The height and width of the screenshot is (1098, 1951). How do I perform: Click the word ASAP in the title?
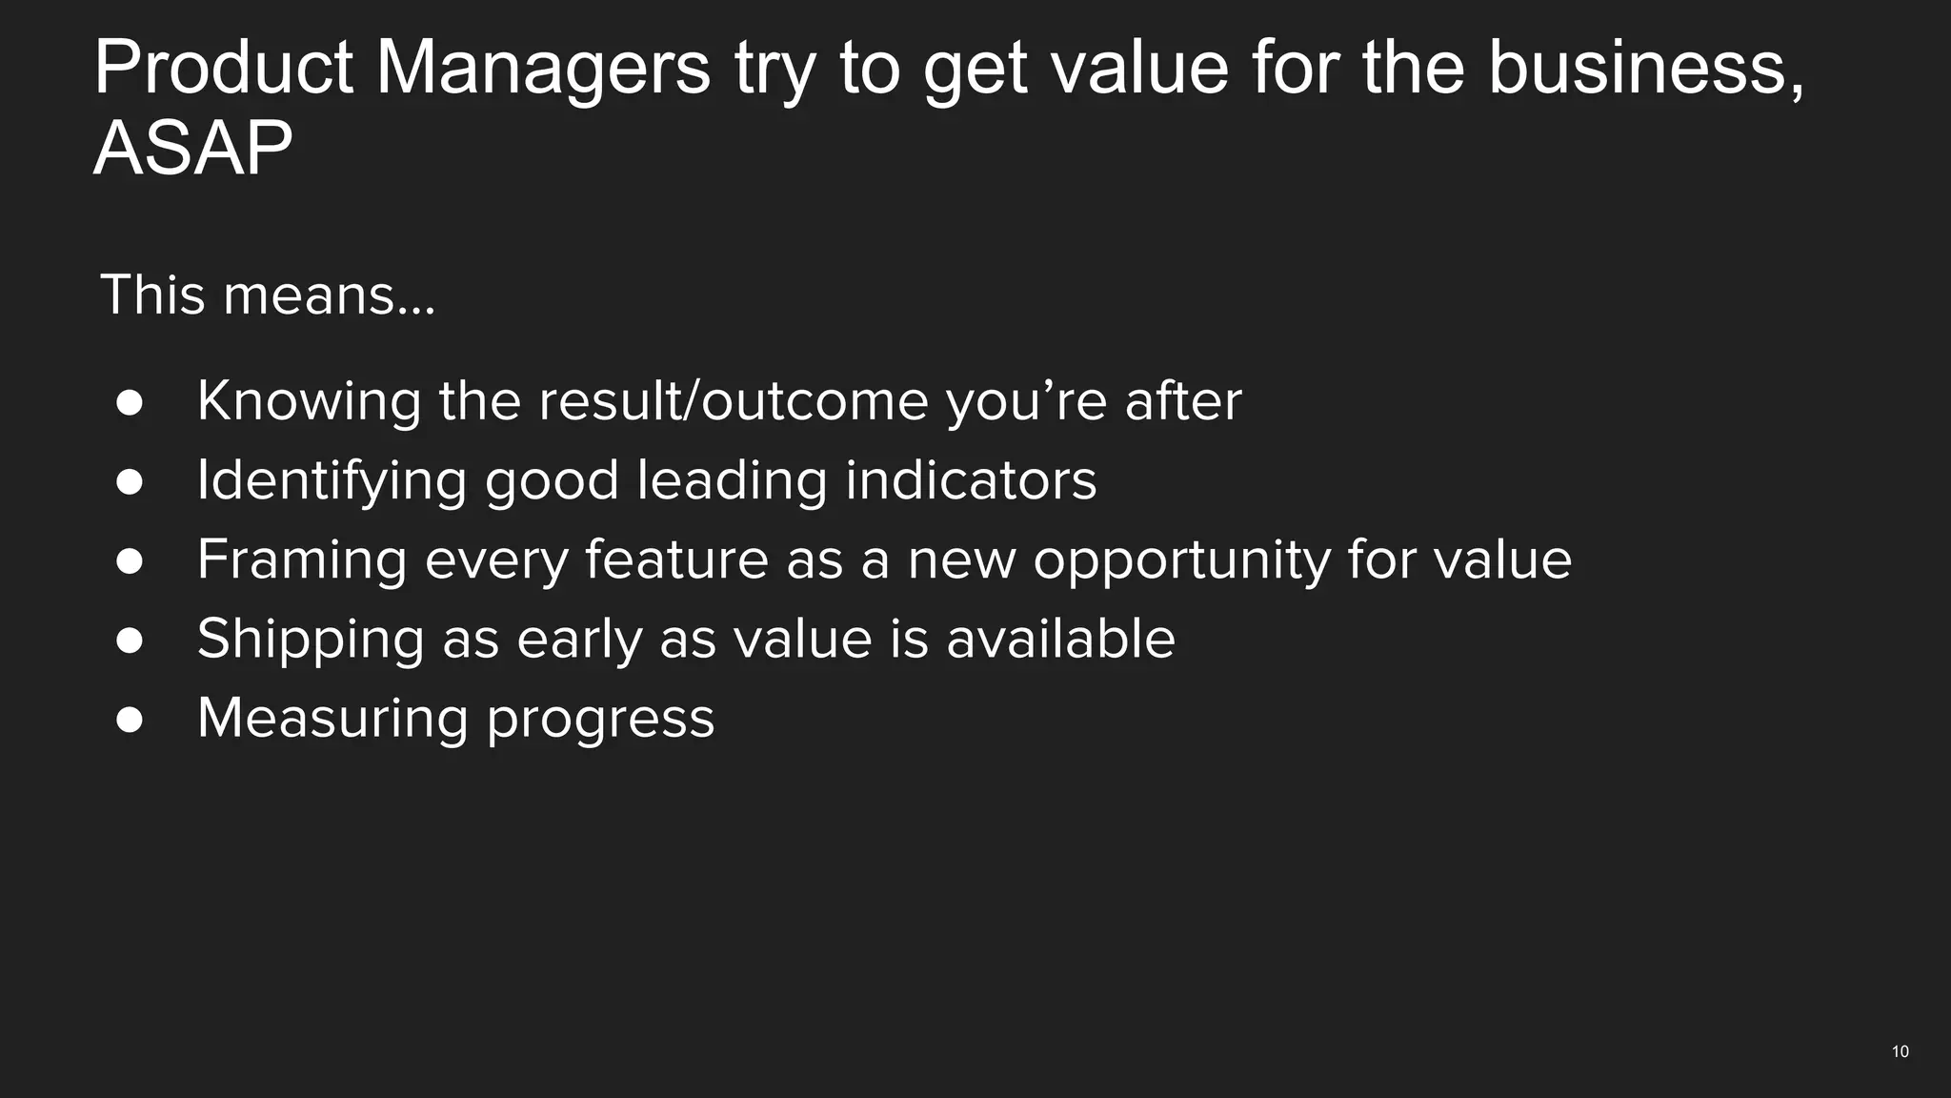coord(192,149)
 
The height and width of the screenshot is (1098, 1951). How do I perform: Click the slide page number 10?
coord(1900,1051)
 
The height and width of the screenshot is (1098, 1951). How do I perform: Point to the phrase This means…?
coord(267,295)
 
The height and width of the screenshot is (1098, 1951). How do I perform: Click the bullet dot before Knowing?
coord(130,402)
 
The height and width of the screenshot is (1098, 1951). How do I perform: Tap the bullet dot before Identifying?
coord(130,481)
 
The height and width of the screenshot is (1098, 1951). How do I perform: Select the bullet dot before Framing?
coord(130,560)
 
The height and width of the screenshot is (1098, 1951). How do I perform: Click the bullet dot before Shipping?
coord(130,640)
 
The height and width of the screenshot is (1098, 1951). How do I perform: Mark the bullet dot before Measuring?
coord(130,720)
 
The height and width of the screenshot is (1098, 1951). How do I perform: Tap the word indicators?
coord(971,479)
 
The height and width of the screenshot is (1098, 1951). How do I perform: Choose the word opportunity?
coord(1181,559)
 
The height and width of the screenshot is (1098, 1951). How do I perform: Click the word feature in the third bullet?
coord(676,559)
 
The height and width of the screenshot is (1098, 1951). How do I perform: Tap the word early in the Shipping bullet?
coord(579,639)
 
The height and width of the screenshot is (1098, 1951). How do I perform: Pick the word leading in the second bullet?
coord(732,479)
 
